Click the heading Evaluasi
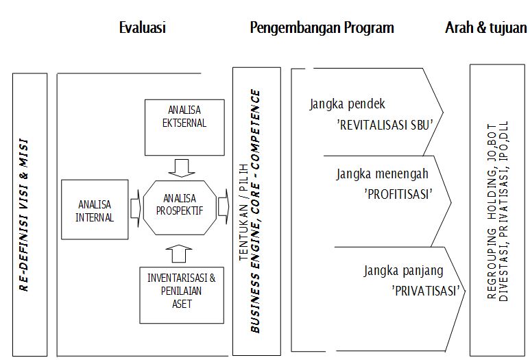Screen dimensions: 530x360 143,27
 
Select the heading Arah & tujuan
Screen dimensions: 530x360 485,27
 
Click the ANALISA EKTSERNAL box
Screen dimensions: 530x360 184,128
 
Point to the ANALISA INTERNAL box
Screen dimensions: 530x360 95,210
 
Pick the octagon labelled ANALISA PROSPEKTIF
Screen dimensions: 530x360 180,208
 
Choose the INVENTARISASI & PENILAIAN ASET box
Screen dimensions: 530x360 182,295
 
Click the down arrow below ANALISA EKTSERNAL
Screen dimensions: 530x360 182,168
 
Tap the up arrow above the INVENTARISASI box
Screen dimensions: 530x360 179,254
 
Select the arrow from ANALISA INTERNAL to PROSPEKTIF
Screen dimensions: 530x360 135,208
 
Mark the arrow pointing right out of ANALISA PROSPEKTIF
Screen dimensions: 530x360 224,206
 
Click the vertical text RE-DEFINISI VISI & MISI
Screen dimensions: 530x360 24,215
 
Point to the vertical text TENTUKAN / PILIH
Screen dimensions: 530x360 244,213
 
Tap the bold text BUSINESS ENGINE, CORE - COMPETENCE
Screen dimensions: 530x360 256,211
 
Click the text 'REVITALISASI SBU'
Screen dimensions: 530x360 385,125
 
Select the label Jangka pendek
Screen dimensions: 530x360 347,104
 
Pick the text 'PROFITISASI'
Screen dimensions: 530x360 398,194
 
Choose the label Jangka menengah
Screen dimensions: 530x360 383,174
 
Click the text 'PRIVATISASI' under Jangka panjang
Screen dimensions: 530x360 426,291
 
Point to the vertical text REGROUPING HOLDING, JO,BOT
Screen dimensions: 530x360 492,211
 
